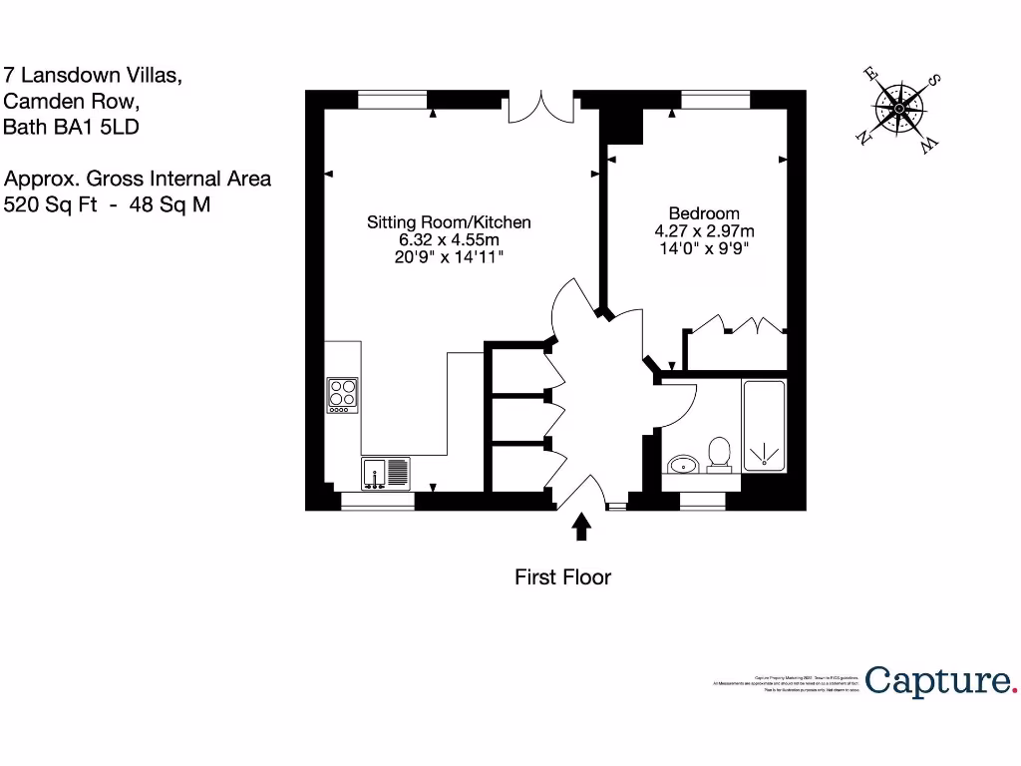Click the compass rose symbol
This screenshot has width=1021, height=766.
[x=900, y=109]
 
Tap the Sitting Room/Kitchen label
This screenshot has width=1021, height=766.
[x=449, y=222]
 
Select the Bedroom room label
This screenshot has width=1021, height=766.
[x=704, y=213]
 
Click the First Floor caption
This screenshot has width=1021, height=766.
[x=562, y=576]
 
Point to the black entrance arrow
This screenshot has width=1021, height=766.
[x=582, y=527]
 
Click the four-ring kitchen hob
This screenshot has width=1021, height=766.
[x=342, y=396]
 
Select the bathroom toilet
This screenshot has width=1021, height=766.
[x=719, y=455]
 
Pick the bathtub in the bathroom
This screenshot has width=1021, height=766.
[x=764, y=425]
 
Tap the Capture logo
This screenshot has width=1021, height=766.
[x=940, y=681]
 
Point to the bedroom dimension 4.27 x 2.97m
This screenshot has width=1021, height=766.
[x=704, y=231]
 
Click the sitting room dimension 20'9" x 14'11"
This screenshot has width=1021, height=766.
[x=449, y=257]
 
